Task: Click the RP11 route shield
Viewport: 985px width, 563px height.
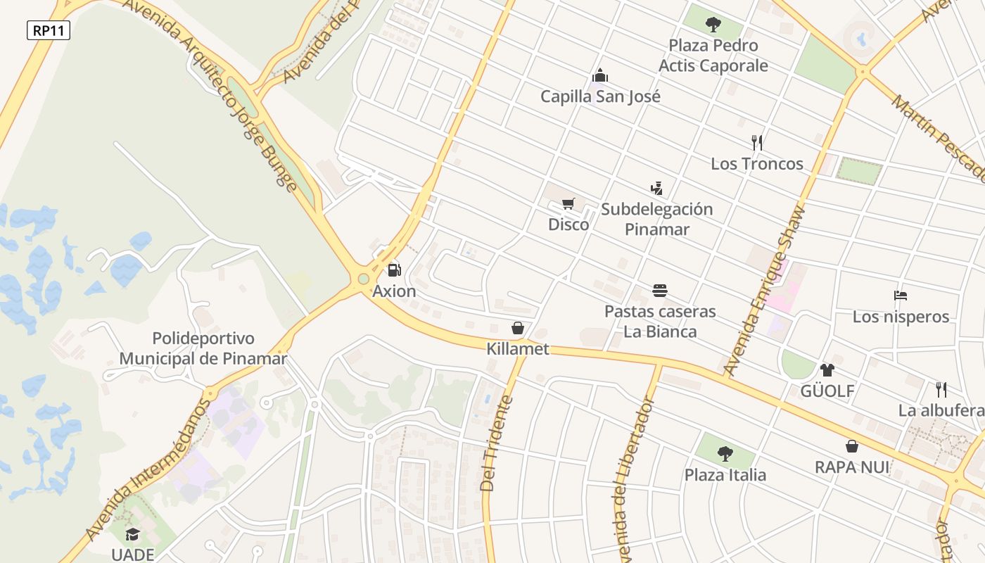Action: click(x=49, y=30)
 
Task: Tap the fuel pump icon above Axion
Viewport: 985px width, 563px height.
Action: click(x=394, y=270)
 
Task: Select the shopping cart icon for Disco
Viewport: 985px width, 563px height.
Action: click(x=568, y=204)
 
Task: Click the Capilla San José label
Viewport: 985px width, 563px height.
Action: click(x=600, y=96)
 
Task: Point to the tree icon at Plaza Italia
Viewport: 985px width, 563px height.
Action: click(x=725, y=454)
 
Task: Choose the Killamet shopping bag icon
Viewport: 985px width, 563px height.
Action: click(x=518, y=328)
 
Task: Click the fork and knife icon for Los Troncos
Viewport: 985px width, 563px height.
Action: click(x=757, y=143)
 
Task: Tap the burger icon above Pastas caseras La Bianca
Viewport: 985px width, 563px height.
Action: click(x=660, y=291)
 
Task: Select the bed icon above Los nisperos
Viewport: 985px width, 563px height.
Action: click(x=901, y=296)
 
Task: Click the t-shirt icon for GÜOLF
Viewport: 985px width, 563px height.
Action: click(x=827, y=369)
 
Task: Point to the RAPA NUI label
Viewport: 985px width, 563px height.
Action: click(x=852, y=467)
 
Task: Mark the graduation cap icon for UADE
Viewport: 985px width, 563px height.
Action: click(x=132, y=534)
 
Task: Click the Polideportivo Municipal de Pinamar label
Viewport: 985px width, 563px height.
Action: click(x=203, y=349)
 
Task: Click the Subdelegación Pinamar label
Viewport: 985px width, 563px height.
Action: click(x=657, y=219)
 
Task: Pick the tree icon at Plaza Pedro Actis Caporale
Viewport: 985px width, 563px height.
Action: click(x=713, y=25)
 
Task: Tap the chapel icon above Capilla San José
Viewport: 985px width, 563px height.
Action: click(x=600, y=75)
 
